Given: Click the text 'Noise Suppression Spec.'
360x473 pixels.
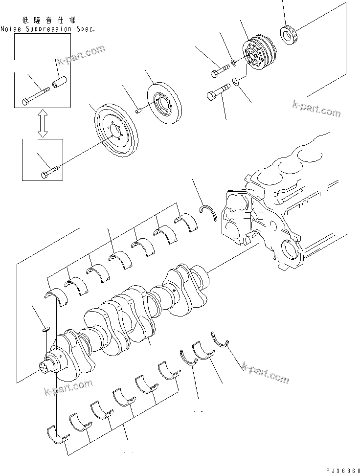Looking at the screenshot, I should (47, 29).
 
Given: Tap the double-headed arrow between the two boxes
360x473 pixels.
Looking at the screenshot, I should (43, 123).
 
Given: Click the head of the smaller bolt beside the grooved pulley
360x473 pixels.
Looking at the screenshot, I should (216, 74).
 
